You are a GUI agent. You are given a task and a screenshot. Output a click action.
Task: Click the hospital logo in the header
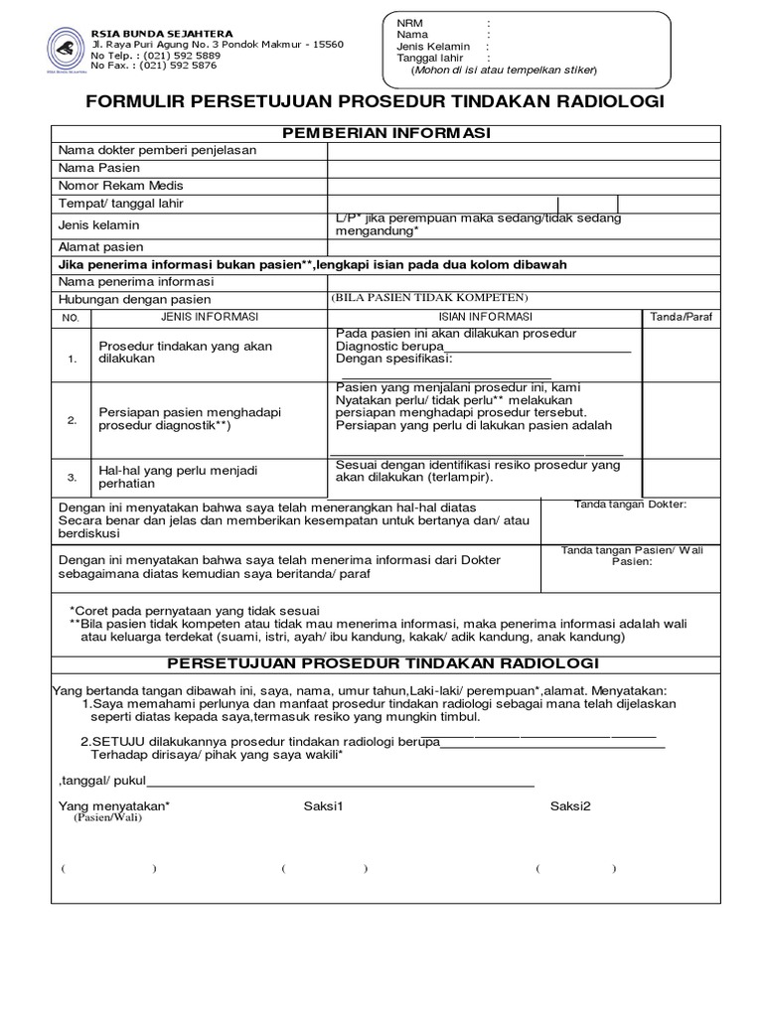[x=65, y=47]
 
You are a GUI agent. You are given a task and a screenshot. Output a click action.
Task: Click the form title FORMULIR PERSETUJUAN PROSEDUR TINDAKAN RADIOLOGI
[x=375, y=103]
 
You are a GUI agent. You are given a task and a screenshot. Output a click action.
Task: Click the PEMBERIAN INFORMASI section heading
[x=386, y=133]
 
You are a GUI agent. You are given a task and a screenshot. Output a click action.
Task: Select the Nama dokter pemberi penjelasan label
[x=157, y=150]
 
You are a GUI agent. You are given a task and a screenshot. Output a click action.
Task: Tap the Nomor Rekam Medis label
[x=120, y=186]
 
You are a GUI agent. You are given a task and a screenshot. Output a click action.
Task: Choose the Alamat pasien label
[x=100, y=246]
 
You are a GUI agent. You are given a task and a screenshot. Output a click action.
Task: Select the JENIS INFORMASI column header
[x=210, y=317]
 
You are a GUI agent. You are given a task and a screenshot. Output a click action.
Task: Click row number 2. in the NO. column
[x=72, y=420]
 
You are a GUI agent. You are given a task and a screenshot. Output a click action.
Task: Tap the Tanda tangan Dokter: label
[x=631, y=506]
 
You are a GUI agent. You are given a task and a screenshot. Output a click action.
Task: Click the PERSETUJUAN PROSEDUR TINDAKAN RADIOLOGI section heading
[x=382, y=662]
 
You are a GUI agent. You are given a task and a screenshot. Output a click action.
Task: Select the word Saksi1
[x=323, y=804]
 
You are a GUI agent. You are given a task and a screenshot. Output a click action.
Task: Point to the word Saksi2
[x=570, y=804]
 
